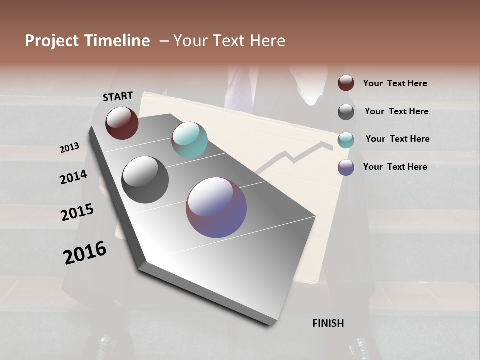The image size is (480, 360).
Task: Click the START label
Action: (x=118, y=96)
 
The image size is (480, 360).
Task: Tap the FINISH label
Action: (x=328, y=323)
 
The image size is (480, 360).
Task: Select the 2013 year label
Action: (x=70, y=148)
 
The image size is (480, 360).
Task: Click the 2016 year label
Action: (x=85, y=253)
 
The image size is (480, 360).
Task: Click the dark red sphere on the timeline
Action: (x=122, y=123)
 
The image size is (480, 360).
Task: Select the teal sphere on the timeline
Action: (x=189, y=140)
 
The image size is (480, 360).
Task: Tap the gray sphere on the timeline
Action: (x=145, y=180)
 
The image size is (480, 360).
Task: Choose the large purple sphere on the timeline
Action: (x=216, y=207)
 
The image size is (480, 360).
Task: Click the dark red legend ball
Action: (x=346, y=83)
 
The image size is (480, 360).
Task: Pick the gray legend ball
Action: (x=346, y=112)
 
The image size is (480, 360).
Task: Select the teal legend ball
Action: (x=346, y=140)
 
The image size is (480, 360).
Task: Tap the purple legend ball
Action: (x=346, y=167)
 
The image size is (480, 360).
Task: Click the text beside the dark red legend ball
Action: (x=395, y=83)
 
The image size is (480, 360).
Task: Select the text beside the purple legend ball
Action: (x=395, y=167)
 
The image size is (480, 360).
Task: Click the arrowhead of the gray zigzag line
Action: (x=327, y=145)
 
